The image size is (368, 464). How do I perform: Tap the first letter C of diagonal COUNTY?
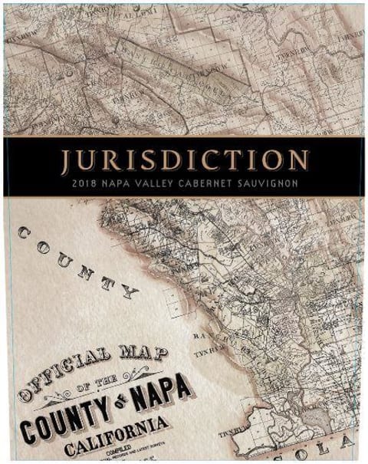[x=26, y=233]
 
